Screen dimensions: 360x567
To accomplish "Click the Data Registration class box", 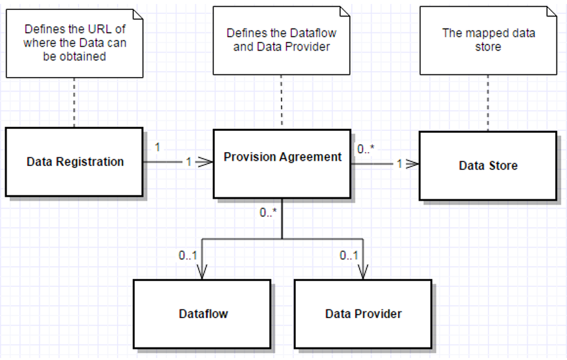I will pos(74,162).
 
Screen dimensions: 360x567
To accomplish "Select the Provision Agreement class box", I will pos(282,162).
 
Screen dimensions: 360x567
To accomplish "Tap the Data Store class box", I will pos(487,166).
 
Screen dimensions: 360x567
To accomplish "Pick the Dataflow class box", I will pos(202,313).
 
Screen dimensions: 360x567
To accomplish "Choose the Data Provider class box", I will pos(363,313).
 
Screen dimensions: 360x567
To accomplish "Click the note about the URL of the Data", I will pos(74,43).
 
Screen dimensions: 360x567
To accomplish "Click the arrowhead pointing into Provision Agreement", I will pos(207,162).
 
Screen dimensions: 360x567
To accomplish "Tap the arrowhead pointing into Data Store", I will pos(413,163).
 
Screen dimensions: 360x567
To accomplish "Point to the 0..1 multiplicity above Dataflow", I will pos(187,255).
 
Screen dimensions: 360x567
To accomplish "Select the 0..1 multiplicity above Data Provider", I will pos(349,255).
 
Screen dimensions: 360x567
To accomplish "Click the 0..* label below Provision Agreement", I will pos(269,213).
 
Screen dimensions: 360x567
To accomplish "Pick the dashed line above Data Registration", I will pos(74,102).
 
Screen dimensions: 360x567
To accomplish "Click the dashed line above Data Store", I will pos(488,102).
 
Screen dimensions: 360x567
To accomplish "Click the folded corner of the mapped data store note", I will pos(550,13).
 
